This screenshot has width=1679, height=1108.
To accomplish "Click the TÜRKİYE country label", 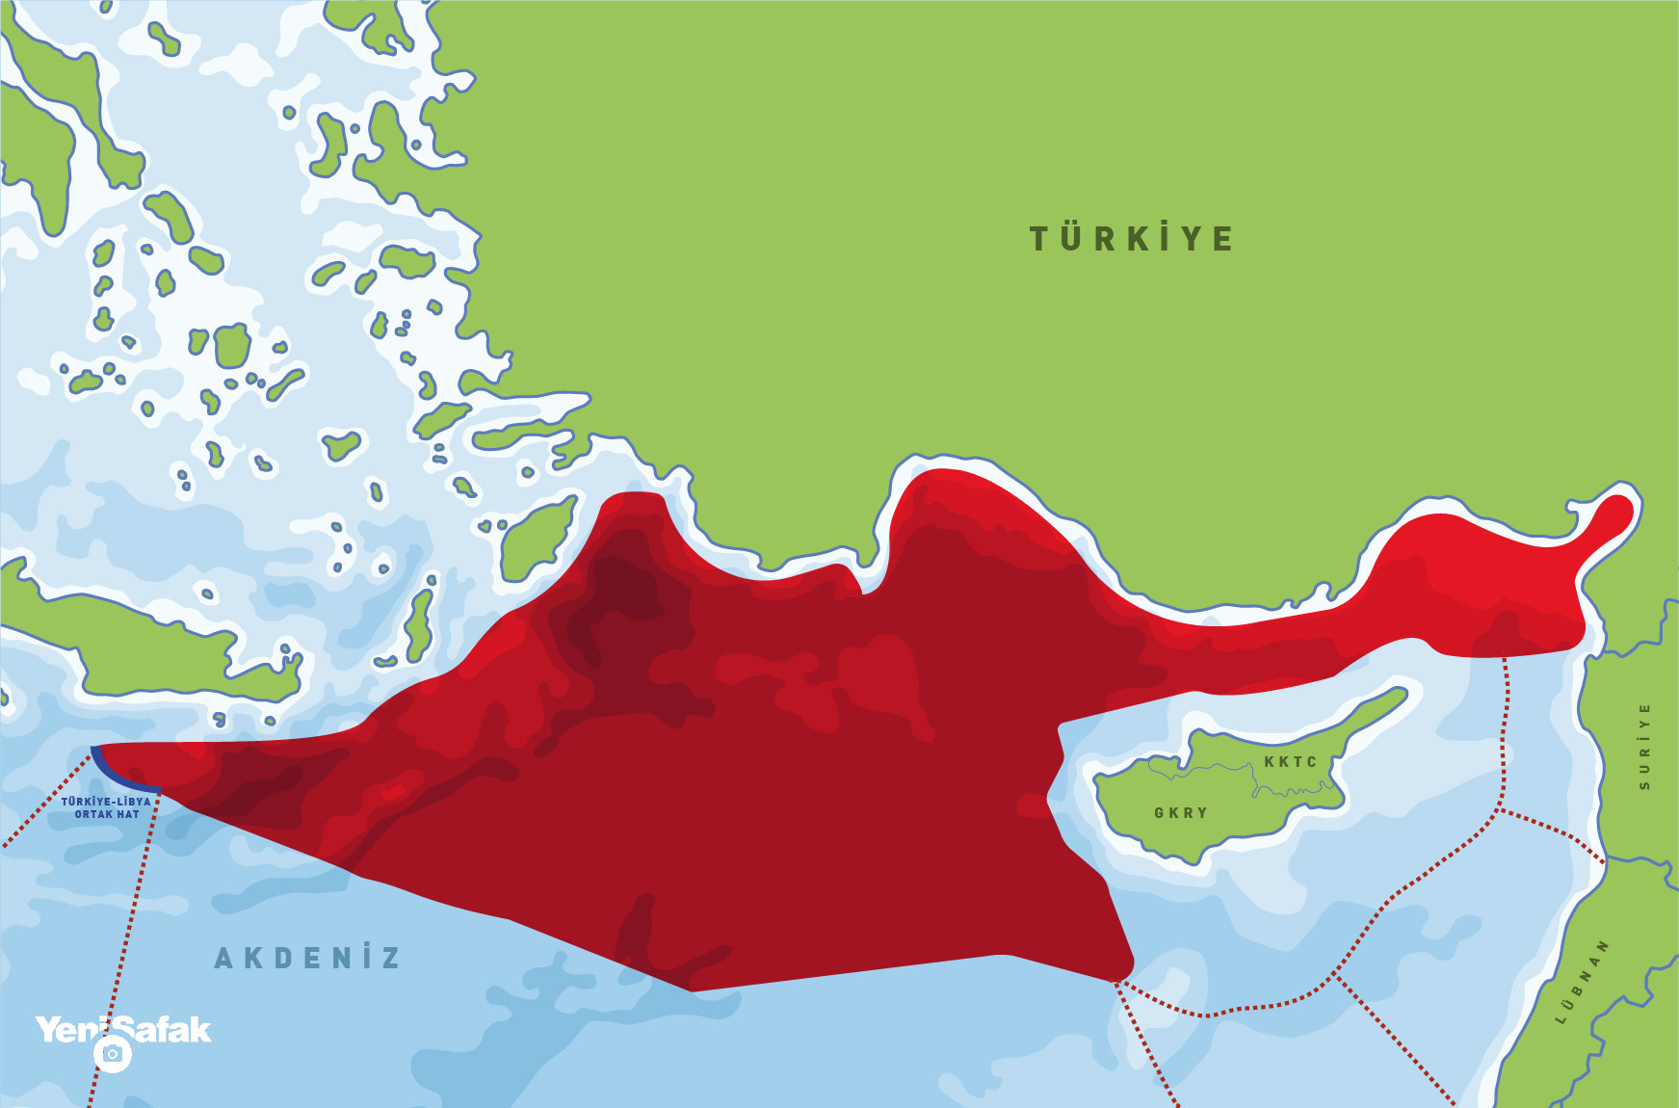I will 1131,238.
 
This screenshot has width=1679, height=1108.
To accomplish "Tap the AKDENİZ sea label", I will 306,958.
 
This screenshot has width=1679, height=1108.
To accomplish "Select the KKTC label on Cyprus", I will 1290,761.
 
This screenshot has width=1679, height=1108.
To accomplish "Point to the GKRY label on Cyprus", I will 1181,812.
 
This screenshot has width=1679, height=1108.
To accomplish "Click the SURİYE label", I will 1643,747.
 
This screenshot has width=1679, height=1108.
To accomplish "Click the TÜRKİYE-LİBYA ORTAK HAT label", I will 106,807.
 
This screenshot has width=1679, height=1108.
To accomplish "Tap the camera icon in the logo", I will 113,1054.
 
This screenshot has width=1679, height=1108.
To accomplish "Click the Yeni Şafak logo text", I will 123,1030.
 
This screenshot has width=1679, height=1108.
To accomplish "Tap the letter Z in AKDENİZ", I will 390,958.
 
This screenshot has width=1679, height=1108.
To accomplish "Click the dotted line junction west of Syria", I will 1499,809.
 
